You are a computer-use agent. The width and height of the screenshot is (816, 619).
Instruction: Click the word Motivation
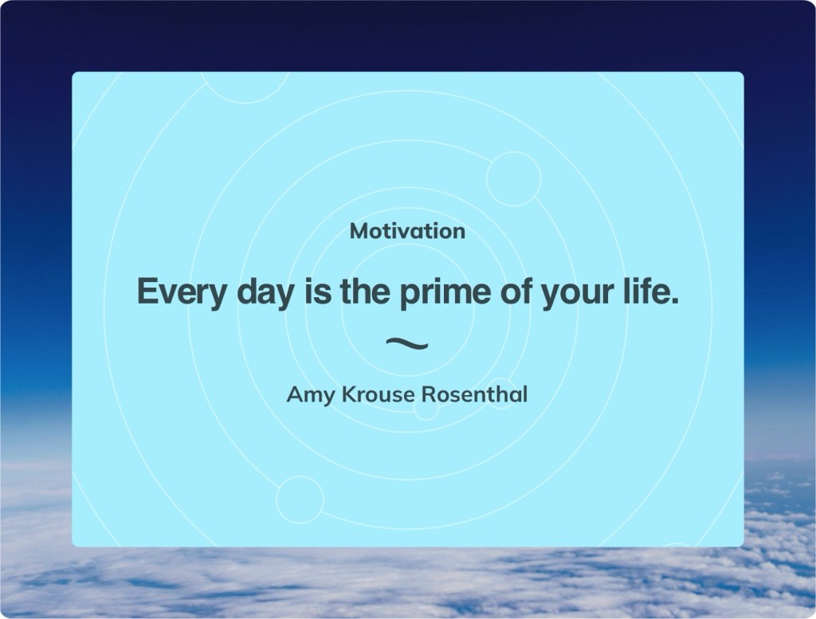click(407, 232)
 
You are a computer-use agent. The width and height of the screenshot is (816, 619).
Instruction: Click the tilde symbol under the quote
click(407, 343)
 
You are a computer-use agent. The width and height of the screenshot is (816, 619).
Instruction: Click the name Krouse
click(379, 394)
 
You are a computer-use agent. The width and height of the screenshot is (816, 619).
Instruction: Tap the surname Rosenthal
click(474, 394)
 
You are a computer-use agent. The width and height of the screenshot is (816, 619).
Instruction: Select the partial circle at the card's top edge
click(245, 103)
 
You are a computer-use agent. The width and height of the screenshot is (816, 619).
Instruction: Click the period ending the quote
click(675, 301)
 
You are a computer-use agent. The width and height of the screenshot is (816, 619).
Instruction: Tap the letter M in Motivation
click(359, 232)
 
